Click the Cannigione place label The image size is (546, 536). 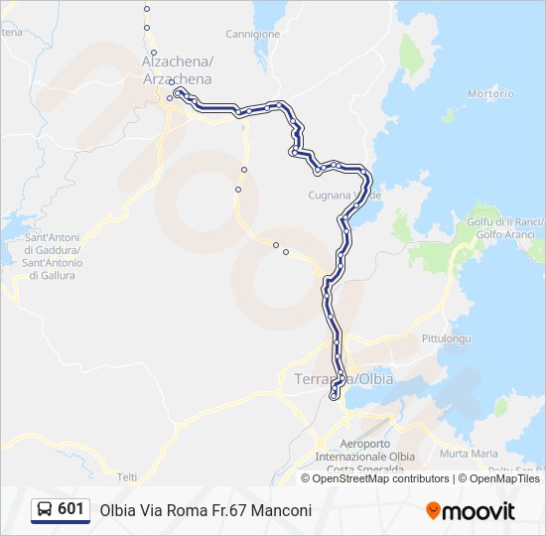click(253, 34)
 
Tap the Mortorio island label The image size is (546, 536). click(490, 94)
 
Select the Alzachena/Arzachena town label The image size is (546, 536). click(178, 70)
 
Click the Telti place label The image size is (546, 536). click(127, 475)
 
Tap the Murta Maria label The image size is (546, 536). click(469, 454)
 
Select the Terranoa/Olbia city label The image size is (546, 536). click(344, 380)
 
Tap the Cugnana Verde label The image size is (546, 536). click(343, 195)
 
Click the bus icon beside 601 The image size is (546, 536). click(45, 510)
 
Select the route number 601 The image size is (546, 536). click(70, 509)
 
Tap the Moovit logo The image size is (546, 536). click(471, 510)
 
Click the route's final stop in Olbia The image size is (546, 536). click(333, 395)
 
